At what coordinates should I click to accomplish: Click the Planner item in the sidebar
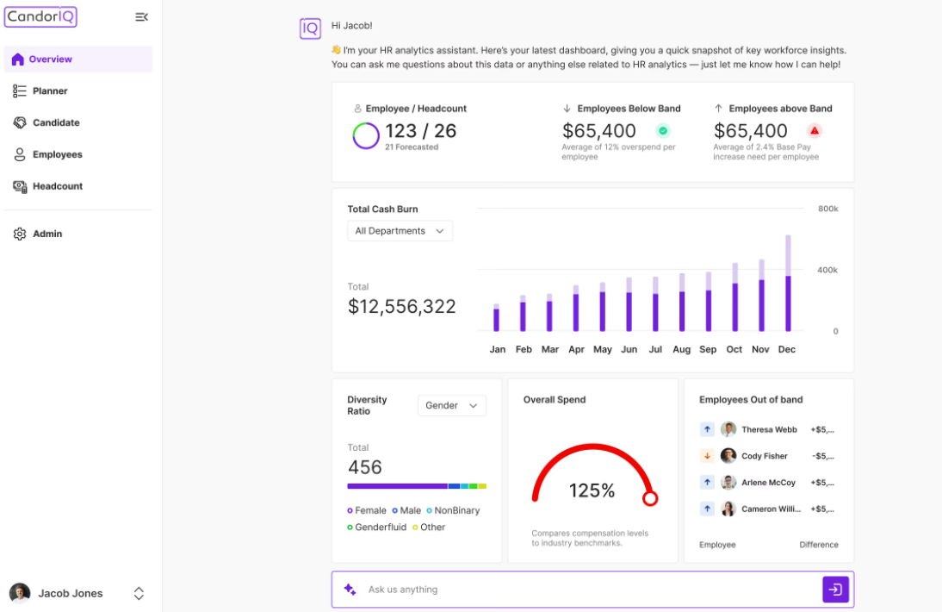click(49, 91)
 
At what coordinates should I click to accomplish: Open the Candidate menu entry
click(55, 122)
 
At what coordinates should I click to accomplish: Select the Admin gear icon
click(20, 234)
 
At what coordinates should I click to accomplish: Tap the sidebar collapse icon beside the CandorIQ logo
click(142, 17)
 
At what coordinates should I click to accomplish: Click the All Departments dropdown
click(400, 231)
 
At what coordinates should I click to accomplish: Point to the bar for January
click(496, 318)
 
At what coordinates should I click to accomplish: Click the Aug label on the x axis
click(681, 349)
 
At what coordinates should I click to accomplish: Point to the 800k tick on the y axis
click(827, 209)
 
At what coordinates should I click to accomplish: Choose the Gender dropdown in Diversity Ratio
click(451, 405)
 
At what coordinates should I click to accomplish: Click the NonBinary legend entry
click(453, 510)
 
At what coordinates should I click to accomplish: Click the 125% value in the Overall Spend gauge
click(592, 491)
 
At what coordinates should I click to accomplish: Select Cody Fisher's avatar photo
click(728, 456)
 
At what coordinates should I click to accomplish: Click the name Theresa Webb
click(769, 429)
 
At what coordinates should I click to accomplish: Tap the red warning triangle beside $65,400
click(814, 131)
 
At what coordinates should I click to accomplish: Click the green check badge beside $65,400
click(662, 131)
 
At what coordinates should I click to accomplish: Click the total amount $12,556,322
click(401, 307)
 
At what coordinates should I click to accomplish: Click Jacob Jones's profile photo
click(20, 593)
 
